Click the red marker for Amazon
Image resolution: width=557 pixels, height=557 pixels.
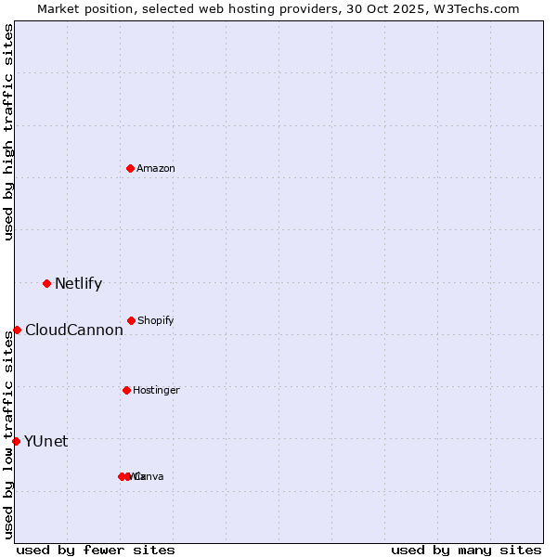tap(130, 168)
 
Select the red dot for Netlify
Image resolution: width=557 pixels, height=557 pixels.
tap(46, 283)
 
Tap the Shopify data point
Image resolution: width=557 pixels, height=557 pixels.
tap(131, 320)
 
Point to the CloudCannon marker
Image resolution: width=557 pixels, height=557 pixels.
tap(17, 330)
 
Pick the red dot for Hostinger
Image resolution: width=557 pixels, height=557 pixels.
tap(126, 390)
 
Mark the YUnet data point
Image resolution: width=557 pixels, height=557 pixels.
tap(16, 441)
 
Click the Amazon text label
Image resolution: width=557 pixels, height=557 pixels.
tap(156, 168)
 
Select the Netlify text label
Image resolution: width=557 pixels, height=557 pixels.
tap(78, 284)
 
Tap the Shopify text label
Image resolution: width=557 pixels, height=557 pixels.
tap(156, 320)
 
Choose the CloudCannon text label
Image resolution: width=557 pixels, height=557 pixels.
tap(73, 330)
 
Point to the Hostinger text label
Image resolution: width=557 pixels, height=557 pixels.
tap(156, 390)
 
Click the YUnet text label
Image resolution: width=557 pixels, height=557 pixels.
tap(45, 442)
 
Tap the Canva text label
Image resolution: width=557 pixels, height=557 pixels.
tap(149, 476)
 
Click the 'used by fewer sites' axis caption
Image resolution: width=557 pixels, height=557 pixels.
tap(96, 550)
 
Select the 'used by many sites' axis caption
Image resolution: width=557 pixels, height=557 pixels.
tap(466, 550)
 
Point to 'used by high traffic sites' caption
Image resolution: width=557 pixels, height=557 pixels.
tap(9, 132)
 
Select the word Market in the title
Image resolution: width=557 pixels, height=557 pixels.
tap(59, 8)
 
